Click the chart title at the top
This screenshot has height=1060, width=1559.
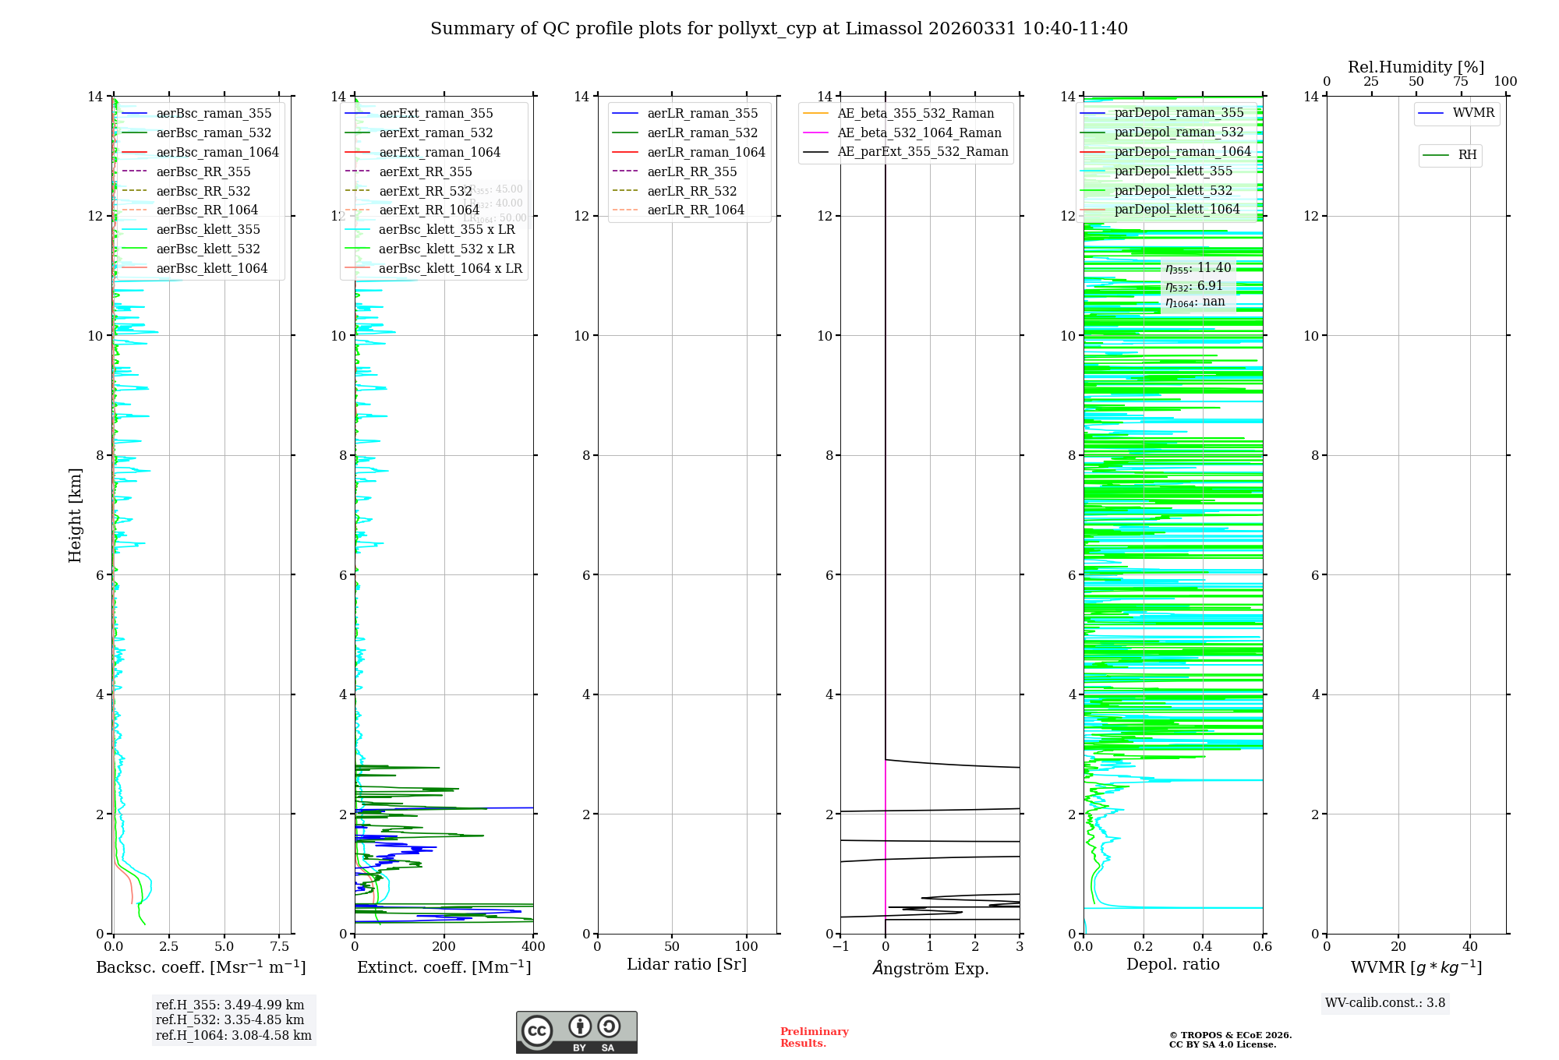[x=779, y=29]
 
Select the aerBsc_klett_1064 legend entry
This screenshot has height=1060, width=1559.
[x=211, y=268]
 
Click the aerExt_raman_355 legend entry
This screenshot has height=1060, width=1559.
[x=436, y=114]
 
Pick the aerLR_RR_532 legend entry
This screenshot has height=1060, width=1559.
[x=691, y=191]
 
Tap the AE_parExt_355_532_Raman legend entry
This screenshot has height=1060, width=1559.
[x=922, y=152]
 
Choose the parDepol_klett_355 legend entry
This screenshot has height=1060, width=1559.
[x=1173, y=171]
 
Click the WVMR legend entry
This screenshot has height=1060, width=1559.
[x=1473, y=113]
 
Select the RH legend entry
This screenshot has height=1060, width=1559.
[x=1467, y=155]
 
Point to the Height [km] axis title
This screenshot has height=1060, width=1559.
[x=75, y=514]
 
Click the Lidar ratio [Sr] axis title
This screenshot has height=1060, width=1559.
[x=687, y=964]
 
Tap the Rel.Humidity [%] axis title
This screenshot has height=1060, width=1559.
[x=1416, y=67]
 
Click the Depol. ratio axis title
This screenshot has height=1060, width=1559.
[x=1172, y=964]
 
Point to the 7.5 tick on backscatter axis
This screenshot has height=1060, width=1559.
[x=280, y=947]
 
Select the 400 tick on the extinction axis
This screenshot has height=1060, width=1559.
[x=533, y=947]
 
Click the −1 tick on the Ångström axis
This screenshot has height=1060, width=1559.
[x=840, y=947]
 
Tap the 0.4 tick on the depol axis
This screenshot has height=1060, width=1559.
[x=1203, y=947]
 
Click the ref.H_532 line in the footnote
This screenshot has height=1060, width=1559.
[x=230, y=1019]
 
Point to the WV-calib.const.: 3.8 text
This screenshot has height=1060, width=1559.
[x=1385, y=1003]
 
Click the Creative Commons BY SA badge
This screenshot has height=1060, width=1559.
[x=576, y=1033]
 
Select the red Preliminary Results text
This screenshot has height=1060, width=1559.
[x=814, y=1037]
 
